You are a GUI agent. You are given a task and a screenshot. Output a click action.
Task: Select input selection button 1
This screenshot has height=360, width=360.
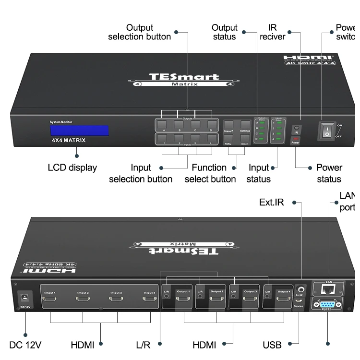click(164, 139)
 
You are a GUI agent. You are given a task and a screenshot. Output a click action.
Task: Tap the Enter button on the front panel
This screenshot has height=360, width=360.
click(245, 140)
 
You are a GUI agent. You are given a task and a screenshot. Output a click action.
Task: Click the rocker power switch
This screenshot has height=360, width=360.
click(326, 130)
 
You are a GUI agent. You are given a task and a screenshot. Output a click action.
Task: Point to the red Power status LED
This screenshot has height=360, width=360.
click(296, 139)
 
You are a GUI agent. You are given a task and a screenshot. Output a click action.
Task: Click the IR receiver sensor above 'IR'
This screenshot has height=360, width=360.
click(296, 128)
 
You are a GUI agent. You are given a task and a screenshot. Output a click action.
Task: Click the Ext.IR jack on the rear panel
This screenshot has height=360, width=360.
click(300, 289)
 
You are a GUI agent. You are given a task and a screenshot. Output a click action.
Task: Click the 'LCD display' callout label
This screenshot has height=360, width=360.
click(72, 168)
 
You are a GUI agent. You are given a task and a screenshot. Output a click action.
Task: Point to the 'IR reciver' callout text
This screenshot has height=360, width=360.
click(273, 32)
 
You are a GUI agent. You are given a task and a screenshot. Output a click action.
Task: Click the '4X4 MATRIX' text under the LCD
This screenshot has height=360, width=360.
click(69, 141)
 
